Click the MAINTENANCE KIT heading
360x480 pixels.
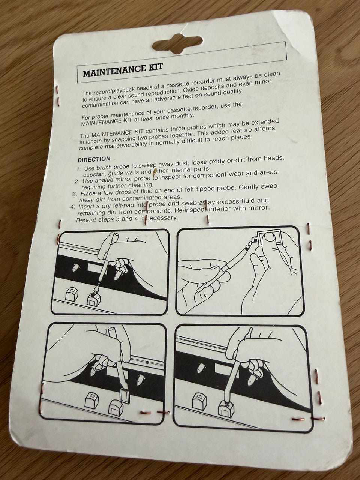tap(123, 70)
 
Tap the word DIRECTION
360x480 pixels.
tap(94, 159)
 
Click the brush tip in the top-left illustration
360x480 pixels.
tap(94, 293)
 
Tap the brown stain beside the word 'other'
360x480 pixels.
tap(154, 172)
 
